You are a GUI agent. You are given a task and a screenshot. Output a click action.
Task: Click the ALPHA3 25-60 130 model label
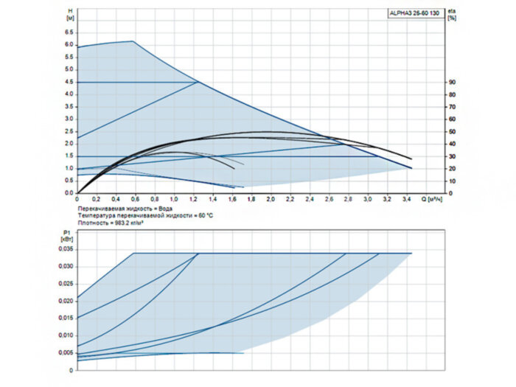(416, 14)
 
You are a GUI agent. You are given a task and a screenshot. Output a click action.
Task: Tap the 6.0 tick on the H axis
(69, 45)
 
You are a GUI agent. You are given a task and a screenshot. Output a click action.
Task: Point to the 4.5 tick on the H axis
(69, 82)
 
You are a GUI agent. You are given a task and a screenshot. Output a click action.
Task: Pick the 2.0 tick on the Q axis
(271, 199)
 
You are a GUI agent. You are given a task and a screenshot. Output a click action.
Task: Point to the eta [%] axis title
(452, 15)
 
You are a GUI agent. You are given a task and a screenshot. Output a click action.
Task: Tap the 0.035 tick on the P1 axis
(66, 250)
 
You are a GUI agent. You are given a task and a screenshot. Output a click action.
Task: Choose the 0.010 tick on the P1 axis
(66, 335)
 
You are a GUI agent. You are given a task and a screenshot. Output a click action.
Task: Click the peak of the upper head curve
(132, 41)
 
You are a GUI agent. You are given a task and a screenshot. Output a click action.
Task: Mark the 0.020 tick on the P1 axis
(66, 301)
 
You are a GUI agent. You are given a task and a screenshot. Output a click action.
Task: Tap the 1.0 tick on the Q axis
(174, 199)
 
